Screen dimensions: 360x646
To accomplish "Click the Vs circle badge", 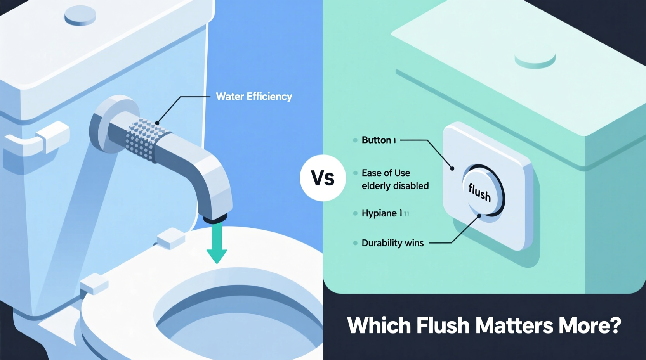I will coord(323,178).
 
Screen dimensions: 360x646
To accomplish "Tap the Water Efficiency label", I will coord(254,97).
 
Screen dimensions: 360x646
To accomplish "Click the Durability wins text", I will coord(392,243).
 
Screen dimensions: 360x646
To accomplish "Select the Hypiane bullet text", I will coord(379,213).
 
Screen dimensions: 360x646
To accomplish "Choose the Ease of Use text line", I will coord(386,173).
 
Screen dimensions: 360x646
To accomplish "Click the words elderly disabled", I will coord(395,186).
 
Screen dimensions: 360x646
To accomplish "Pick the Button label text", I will coord(376,140).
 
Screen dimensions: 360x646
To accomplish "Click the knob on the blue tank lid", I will coord(80,16).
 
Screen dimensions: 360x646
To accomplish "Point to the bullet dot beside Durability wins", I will coord(355,243).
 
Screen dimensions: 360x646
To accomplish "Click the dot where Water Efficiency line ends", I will coord(157,123).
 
